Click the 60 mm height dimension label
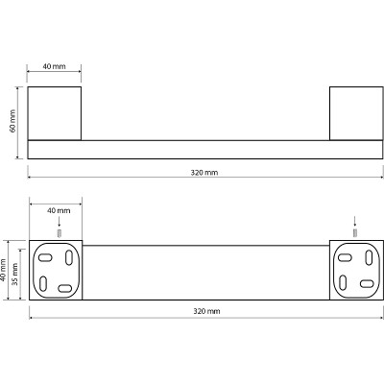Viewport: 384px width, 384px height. [12, 121]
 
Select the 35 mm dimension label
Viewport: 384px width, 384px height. [14, 275]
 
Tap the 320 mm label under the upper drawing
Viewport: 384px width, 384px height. [204, 173]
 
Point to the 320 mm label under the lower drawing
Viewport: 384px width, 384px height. [206, 311]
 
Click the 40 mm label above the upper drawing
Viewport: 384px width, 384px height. [54, 66]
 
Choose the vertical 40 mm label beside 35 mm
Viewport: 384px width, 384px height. [4, 271]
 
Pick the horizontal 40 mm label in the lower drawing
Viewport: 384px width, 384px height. [59, 210]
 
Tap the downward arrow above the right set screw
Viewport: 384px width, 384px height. [354, 222]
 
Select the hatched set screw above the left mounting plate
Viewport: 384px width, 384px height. [59, 233]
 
